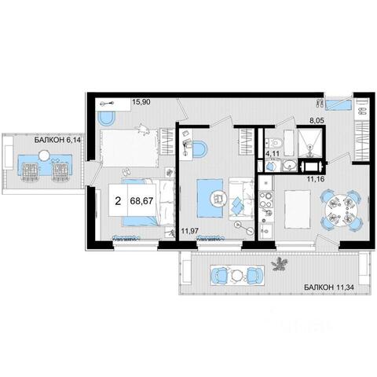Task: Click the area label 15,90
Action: (141, 102)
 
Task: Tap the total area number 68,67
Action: (141, 201)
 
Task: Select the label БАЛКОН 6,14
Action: (57, 140)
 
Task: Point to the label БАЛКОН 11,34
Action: (329, 287)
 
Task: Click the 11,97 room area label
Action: (190, 231)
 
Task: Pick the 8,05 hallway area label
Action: (317, 121)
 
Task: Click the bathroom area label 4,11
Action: (273, 154)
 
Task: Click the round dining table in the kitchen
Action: (340, 210)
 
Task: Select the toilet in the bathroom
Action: (275, 142)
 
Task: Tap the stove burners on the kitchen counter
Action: (266, 199)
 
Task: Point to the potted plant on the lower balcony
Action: (280, 264)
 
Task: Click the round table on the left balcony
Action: (44, 156)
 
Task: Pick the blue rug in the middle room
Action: (210, 198)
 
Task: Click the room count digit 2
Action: (118, 201)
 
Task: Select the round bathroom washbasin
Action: (290, 166)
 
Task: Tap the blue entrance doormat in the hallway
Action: (338, 105)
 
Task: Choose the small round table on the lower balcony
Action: (237, 275)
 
